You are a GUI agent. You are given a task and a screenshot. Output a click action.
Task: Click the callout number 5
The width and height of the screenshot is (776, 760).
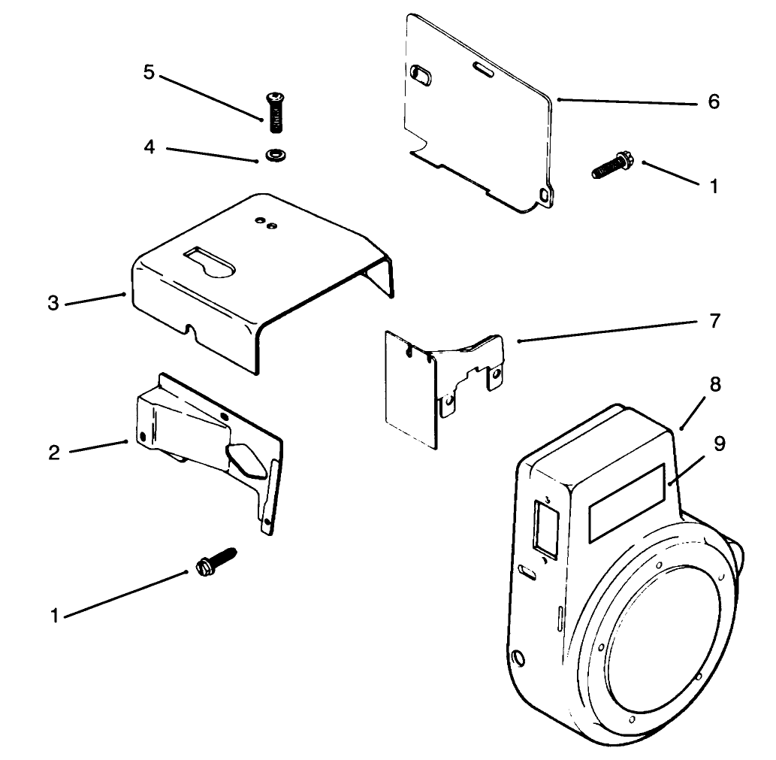149,73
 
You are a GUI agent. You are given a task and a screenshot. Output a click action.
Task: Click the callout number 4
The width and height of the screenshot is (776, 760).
149,147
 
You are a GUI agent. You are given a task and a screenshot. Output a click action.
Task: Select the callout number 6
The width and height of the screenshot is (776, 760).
713,101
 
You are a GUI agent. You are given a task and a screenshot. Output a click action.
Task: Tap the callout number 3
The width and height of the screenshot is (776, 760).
53,304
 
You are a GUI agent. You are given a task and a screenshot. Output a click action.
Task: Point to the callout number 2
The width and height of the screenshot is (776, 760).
53,453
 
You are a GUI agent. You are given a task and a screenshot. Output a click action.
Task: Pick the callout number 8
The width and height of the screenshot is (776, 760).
714,385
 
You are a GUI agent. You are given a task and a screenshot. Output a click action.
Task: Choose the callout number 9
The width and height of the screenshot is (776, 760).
720,444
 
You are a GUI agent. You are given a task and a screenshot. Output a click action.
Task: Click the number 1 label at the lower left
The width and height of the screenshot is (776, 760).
54,616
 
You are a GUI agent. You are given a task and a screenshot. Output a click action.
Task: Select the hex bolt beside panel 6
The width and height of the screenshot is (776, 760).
610,165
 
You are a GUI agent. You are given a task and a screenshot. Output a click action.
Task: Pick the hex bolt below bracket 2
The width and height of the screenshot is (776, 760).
215,562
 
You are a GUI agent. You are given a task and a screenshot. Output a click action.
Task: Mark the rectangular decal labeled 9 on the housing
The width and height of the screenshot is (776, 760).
627,502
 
